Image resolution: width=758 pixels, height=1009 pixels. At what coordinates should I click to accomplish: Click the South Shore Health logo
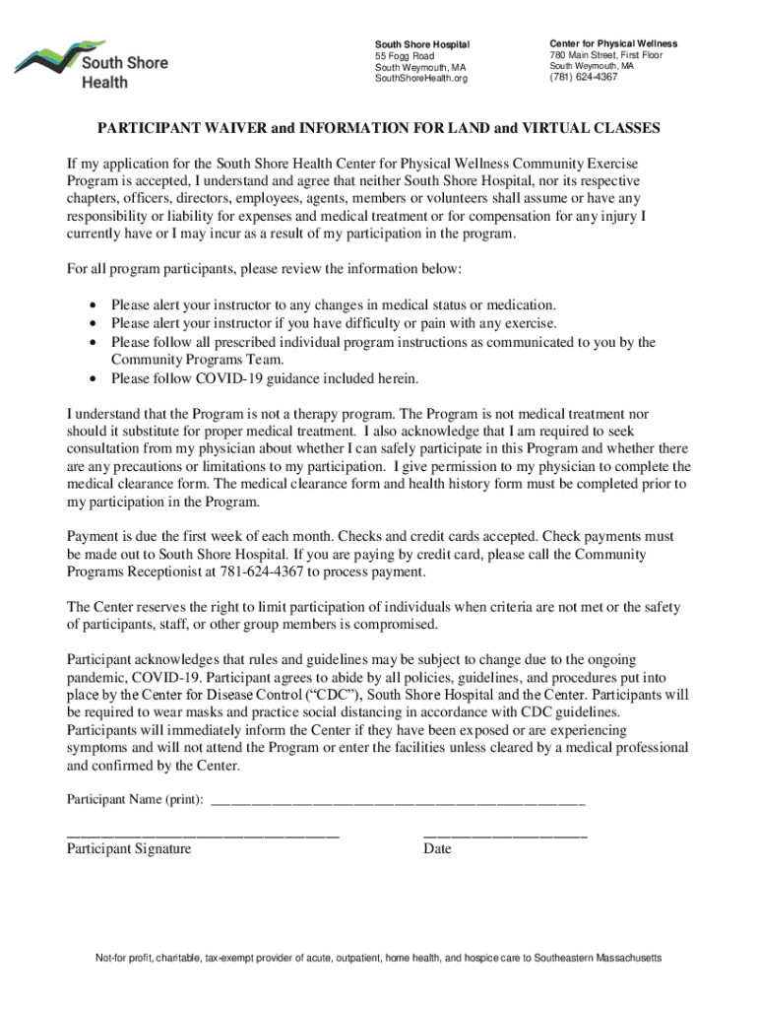(x=91, y=63)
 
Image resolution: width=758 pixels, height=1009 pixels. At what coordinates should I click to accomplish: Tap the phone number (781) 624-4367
(x=584, y=77)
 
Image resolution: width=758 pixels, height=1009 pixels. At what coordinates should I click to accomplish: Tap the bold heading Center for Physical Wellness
(x=613, y=44)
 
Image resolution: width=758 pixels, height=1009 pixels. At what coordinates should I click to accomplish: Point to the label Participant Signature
(x=129, y=848)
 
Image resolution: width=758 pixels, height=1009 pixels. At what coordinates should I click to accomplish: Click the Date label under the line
(x=437, y=848)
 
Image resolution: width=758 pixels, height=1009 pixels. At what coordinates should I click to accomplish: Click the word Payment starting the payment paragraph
(x=93, y=536)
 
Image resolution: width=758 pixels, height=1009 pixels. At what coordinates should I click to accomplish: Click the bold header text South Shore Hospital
(x=422, y=44)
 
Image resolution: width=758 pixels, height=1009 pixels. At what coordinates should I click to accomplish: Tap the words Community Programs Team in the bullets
(x=183, y=360)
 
